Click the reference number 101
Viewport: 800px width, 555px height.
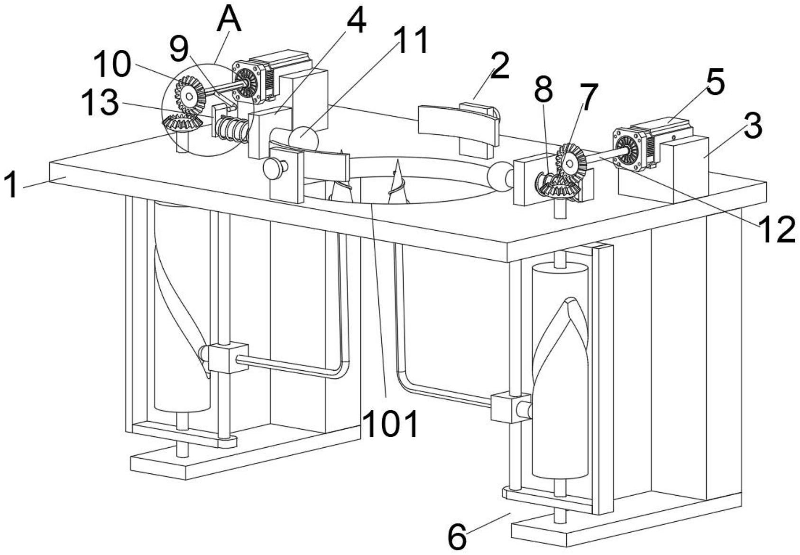392,424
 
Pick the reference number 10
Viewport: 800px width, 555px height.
111,65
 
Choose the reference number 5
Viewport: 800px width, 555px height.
715,82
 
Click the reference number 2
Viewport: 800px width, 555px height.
500,66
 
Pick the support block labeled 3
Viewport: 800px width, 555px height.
663,169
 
